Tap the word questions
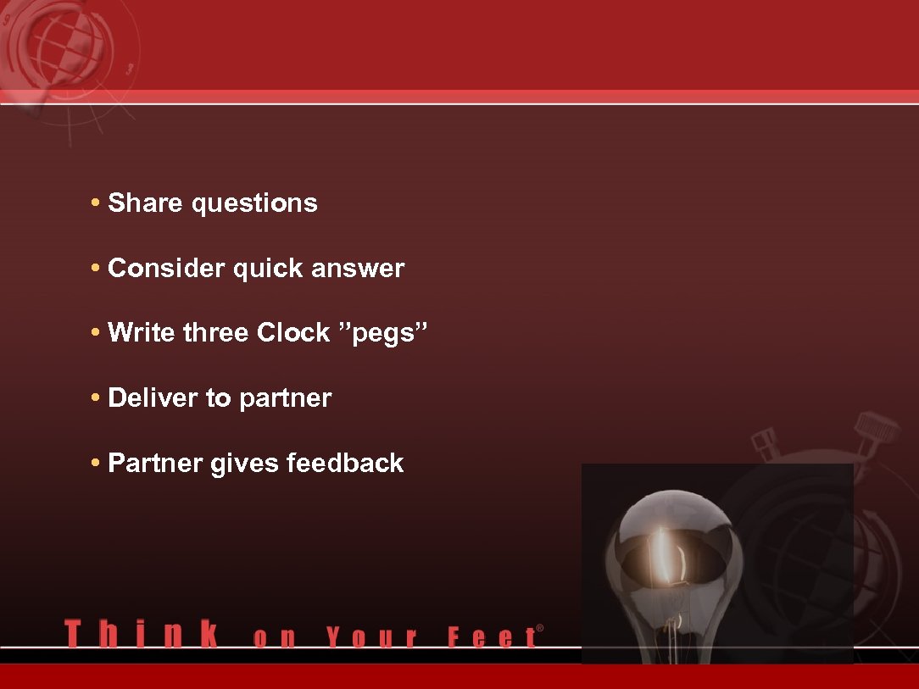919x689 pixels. [x=254, y=204]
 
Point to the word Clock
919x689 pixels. [x=292, y=333]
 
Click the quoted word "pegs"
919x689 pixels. [x=384, y=334]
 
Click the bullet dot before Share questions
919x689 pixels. [x=97, y=204]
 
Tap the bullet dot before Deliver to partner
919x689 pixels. [x=97, y=399]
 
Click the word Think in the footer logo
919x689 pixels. [x=141, y=635]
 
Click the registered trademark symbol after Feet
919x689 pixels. [x=540, y=629]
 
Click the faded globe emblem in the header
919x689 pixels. [x=64, y=51]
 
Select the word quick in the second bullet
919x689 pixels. [x=268, y=269]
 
